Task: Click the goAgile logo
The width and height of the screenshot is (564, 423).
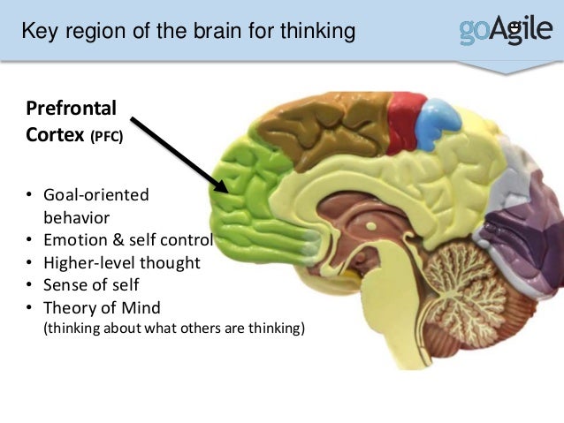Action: (x=503, y=31)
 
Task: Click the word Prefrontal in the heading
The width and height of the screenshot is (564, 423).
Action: (x=71, y=110)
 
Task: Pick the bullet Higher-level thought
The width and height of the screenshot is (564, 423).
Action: (x=122, y=263)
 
